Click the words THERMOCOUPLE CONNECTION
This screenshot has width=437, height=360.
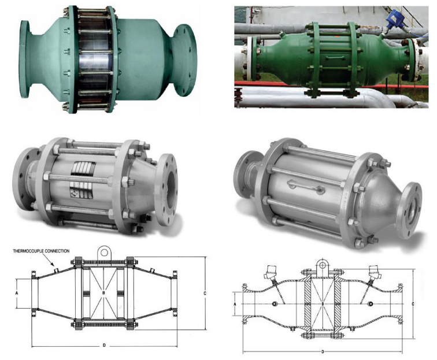(41, 251)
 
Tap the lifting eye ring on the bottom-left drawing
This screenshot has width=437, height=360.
(104, 253)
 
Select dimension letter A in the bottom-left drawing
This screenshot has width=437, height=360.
(16, 293)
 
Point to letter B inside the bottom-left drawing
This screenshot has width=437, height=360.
(103, 293)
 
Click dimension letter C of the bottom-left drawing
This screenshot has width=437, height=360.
(205, 293)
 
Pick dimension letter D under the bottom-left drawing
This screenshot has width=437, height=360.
(104, 346)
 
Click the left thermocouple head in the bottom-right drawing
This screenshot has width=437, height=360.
(269, 271)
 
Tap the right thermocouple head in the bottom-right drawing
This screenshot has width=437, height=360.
(373, 271)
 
